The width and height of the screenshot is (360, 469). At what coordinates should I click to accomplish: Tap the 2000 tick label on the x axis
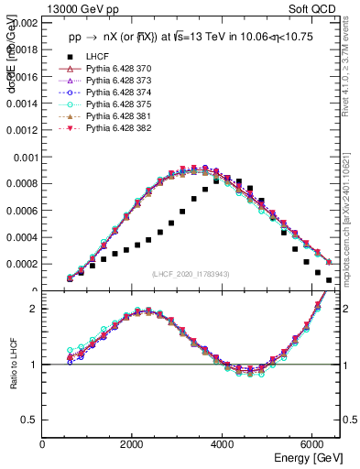click(x=133, y=445)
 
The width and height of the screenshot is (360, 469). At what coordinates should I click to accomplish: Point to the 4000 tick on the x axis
click(x=223, y=445)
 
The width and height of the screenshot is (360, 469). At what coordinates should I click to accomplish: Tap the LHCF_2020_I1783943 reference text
click(x=191, y=274)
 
